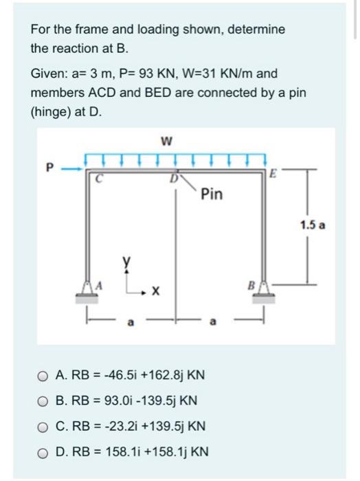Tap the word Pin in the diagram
point(212,194)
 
